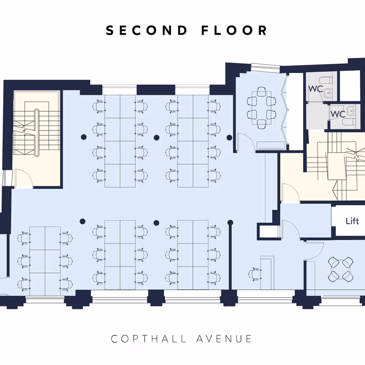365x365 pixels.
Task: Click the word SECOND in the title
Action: [x=146, y=31]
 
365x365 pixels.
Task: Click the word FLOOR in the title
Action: [x=234, y=31]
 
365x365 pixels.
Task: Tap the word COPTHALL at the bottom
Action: [x=149, y=339]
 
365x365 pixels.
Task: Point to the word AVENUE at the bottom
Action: [x=224, y=339]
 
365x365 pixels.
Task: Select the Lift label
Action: [x=352, y=221]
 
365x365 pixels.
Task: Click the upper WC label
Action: [x=316, y=89]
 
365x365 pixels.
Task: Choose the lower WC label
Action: [x=338, y=114]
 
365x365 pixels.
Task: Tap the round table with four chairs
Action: [x=340, y=270]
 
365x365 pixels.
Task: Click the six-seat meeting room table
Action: [x=261, y=108]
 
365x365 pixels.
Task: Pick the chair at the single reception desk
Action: [x=254, y=274]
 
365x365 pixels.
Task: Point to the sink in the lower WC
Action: [x=351, y=111]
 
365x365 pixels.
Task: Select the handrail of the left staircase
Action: [x=36, y=132]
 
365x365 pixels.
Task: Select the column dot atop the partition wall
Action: [x=230, y=223]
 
